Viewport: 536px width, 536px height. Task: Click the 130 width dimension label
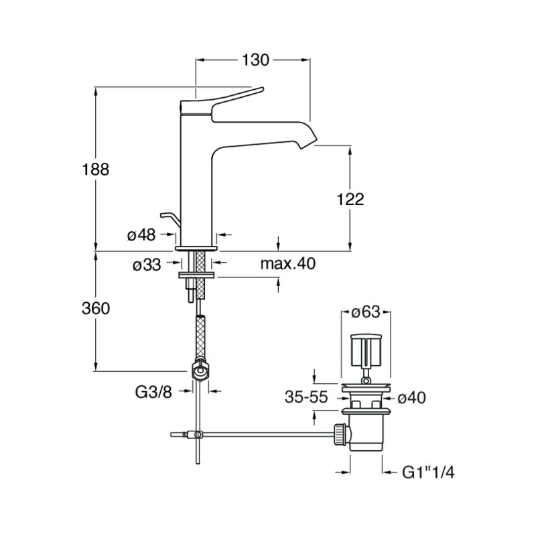click(255, 60)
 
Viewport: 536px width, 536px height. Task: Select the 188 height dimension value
click(95, 170)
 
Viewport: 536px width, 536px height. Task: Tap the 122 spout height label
click(350, 199)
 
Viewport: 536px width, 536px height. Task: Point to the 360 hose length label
click(96, 308)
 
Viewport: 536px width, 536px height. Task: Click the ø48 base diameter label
click(141, 235)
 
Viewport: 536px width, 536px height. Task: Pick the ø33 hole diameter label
click(147, 264)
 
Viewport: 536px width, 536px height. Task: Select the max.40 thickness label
click(288, 263)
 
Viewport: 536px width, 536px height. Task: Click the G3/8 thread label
click(153, 393)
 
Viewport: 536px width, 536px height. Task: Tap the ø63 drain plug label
click(366, 312)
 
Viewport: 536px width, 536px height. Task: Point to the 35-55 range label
click(306, 397)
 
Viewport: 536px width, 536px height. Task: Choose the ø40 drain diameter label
click(412, 397)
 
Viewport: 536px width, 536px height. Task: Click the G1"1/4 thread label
click(428, 473)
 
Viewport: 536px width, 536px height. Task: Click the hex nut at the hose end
click(200, 371)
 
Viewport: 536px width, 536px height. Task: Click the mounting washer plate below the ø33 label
click(196, 275)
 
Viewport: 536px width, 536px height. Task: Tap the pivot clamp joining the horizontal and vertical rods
click(196, 435)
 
